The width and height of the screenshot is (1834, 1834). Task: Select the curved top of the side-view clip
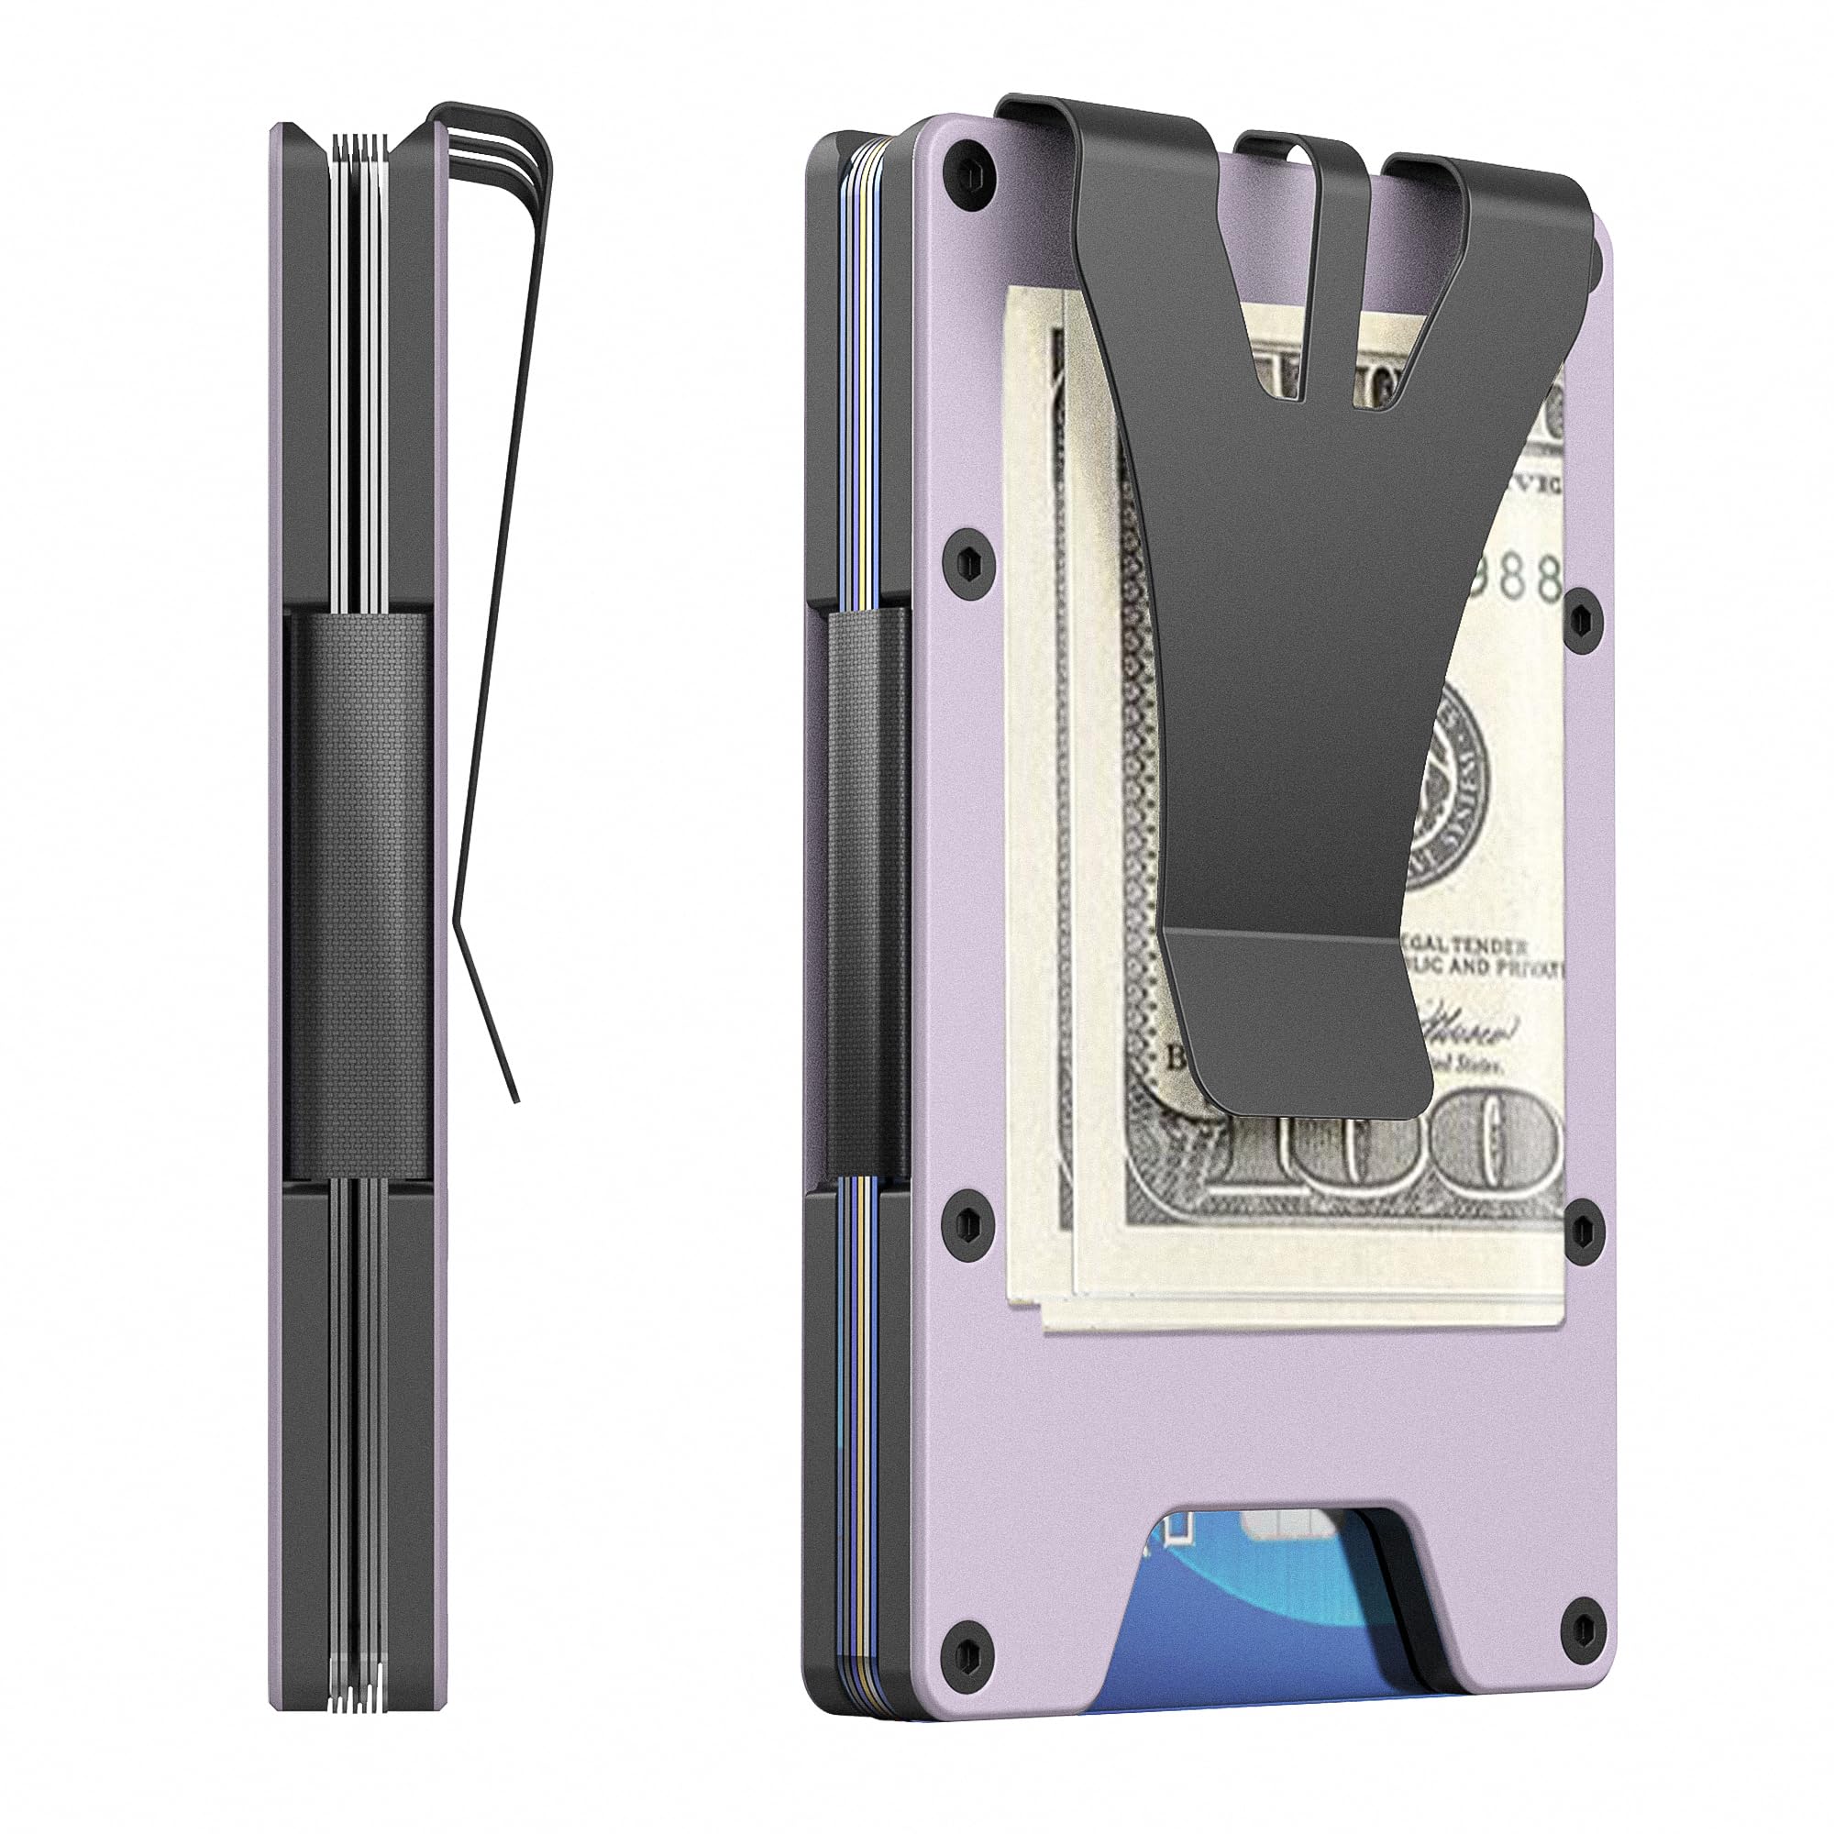click(x=513, y=124)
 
